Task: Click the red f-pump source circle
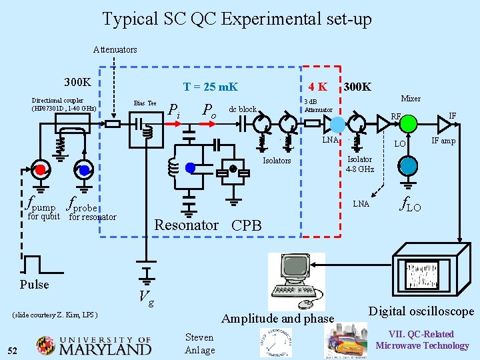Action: pos(40,169)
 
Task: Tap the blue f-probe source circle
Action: pos(84,169)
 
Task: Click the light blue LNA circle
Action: pos(338,125)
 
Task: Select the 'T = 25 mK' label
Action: pos(210,87)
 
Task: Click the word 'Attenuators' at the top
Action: pos(115,49)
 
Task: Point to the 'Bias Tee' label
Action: pos(145,103)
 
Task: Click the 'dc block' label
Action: pos(243,109)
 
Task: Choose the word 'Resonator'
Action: pos(186,225)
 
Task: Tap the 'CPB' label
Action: pos(246,225)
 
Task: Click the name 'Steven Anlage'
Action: pos(199,343)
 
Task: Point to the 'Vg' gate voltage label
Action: pos(147,298)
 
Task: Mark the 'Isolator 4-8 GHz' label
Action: pos(361,164)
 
